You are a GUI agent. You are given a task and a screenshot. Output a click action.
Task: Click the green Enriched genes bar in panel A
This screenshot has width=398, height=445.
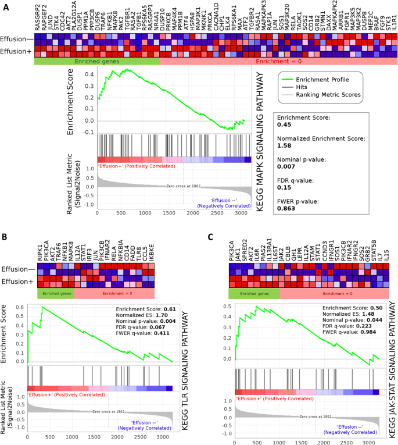click(96, 60)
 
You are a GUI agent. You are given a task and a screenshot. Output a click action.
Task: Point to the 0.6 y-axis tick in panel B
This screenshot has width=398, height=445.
click(21, 308)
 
